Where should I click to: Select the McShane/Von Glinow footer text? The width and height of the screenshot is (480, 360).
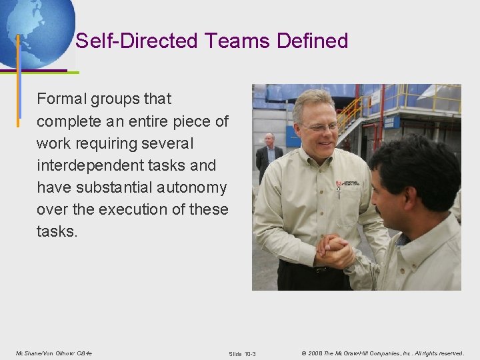tap(54, 353)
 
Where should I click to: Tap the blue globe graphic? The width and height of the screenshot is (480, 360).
tap(37, 30)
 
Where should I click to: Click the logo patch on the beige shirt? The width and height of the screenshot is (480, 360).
tap(348, 184)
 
